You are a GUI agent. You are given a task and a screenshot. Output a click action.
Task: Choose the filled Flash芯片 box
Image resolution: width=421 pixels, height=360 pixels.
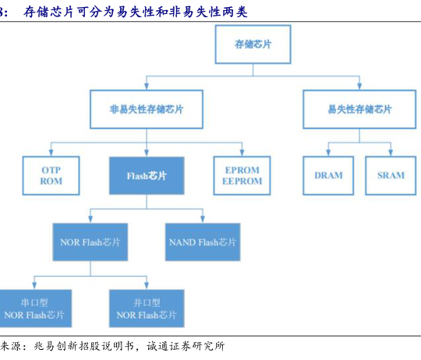click(147, 175)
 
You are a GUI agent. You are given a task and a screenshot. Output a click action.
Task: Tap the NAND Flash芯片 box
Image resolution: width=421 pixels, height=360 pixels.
click(203, 242)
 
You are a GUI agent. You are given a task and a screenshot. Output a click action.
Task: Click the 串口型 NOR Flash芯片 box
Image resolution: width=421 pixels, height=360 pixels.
click(35, 309)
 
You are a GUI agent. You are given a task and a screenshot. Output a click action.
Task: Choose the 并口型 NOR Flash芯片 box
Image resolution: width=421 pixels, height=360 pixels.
click(147, 309)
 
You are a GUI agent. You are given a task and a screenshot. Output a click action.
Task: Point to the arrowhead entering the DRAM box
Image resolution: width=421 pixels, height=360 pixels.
click(328, 153)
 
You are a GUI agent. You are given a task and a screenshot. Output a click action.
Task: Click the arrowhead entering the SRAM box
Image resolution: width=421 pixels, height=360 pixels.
click(391, 153)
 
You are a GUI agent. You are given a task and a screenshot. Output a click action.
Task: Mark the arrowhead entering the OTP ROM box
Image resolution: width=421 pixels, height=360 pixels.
click(51, 153)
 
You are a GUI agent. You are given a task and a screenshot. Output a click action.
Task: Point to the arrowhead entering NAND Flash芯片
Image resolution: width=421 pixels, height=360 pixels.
click(203, 219)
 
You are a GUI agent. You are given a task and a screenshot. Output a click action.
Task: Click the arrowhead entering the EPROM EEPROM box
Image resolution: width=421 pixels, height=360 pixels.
click(242, 153)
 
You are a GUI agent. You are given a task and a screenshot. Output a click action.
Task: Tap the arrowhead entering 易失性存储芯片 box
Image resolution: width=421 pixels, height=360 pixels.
click(359, 86)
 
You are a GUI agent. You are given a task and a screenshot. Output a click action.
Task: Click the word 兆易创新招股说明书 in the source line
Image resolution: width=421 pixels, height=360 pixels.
click(83, 346)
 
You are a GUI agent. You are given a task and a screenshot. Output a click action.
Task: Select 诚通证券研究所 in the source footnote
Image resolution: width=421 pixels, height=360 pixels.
click(186, 346)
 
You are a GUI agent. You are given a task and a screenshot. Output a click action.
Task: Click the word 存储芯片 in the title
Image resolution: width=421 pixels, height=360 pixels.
click(48, 12)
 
